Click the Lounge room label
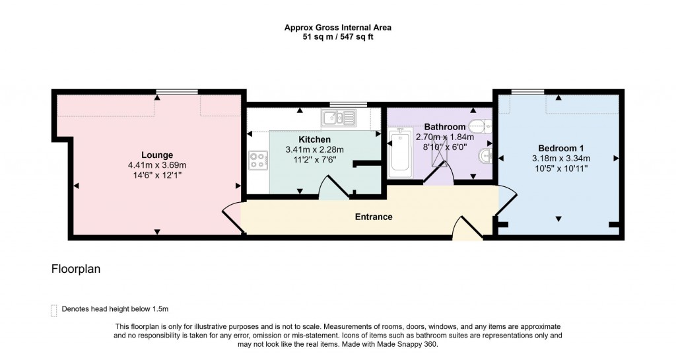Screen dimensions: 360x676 (157, 155)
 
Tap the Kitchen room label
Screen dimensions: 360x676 (315, 139)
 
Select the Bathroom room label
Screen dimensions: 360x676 (445, 126)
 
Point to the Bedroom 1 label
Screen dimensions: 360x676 (560, 148)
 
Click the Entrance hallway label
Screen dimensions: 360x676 (374, 217)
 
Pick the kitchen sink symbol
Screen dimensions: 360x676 (339, 118)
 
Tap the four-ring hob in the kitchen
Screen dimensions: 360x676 (257, 161)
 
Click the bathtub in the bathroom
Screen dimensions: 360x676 (400, 153)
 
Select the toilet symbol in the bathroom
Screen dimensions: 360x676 (481, 126)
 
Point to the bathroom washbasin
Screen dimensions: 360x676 (485, 157)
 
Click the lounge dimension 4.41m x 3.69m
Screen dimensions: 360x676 (157, 165)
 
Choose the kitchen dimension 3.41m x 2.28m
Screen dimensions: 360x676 (315, 149)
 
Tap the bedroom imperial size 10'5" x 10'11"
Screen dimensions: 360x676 (560, 168)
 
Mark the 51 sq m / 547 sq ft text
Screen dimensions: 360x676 (337, 37)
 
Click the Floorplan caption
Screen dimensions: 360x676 (75, 270)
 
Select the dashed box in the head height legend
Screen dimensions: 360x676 (53, 310)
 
